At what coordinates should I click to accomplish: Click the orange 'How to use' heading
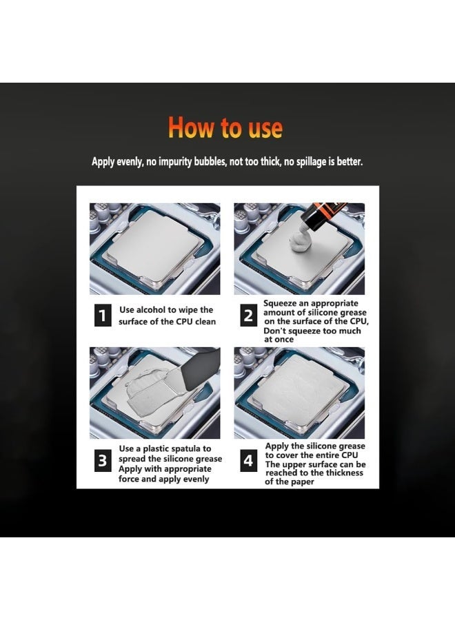coord(225,127)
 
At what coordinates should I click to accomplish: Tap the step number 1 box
coord(103,315)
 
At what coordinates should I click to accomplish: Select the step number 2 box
coord(248,315)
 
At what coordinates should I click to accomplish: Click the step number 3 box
coord(103,460)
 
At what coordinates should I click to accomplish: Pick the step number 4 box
coord(248,460)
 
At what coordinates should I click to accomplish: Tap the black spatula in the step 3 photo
coord(201,370)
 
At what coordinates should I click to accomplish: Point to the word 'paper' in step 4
coord(301,482)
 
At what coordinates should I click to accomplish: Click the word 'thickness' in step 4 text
coord(344,473)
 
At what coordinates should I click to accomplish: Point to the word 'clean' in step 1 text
coord(205,322)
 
